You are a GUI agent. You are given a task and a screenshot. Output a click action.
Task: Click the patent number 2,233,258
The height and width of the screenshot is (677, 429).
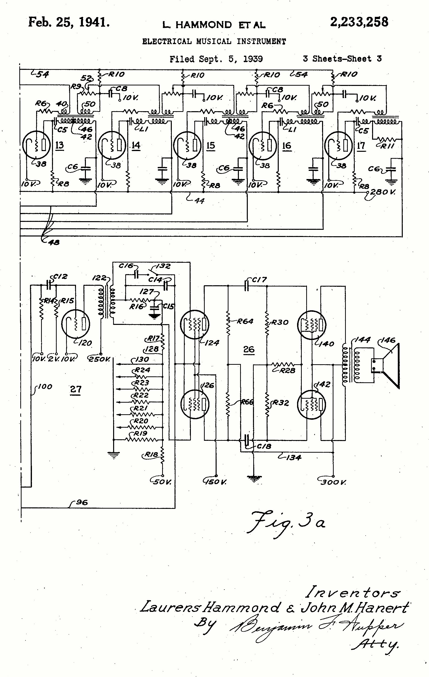click(359, 22)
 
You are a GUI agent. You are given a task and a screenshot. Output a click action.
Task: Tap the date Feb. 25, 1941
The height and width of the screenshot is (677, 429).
click(69, 22)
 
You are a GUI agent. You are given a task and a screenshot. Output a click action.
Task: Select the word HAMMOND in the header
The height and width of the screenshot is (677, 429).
click(203, 25)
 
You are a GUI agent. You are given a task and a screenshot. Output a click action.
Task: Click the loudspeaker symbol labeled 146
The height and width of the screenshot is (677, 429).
click(389, 365)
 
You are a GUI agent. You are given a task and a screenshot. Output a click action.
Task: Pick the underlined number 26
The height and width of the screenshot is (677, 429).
click(249, 349)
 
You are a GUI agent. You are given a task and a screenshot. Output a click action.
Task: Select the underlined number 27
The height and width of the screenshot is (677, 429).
click(76, 390)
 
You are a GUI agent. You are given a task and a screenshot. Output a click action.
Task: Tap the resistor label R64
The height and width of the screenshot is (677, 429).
click(245, 321)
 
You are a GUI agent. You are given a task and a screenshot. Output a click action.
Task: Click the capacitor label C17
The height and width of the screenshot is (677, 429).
click(259, 280)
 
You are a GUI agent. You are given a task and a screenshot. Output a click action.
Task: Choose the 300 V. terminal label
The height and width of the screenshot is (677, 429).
click(334, 482)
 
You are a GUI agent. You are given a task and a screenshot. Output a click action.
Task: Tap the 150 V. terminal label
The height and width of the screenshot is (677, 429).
click(216, 482)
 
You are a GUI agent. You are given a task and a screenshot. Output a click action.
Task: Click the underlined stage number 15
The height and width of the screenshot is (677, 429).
click(211, 145)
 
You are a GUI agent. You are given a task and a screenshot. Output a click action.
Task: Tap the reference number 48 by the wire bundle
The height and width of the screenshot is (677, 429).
click(54, 242)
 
